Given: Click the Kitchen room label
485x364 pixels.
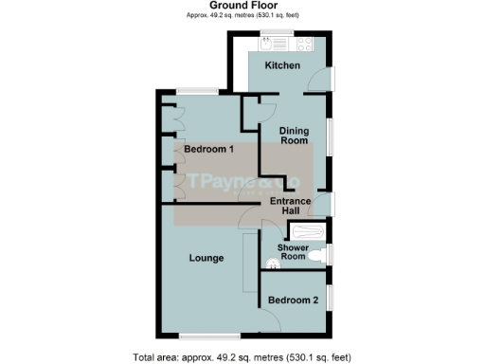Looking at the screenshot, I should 282,65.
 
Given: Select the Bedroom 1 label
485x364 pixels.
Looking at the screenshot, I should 208,150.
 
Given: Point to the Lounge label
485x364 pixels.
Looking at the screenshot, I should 206,258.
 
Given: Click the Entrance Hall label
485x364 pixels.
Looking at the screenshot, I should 290,206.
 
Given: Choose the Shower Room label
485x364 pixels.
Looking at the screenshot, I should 292,251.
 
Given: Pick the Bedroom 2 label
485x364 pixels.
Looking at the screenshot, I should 293,300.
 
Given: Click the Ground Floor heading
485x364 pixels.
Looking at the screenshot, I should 242,6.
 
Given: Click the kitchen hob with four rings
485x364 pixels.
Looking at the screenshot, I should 307,44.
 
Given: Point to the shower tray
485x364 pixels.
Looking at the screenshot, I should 309,233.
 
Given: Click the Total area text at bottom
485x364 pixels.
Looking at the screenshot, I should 242,357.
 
